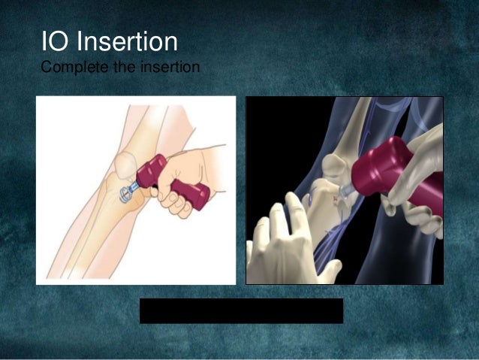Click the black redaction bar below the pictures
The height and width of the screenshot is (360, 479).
(241, 310)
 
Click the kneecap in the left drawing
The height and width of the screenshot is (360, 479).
(125, 163)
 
